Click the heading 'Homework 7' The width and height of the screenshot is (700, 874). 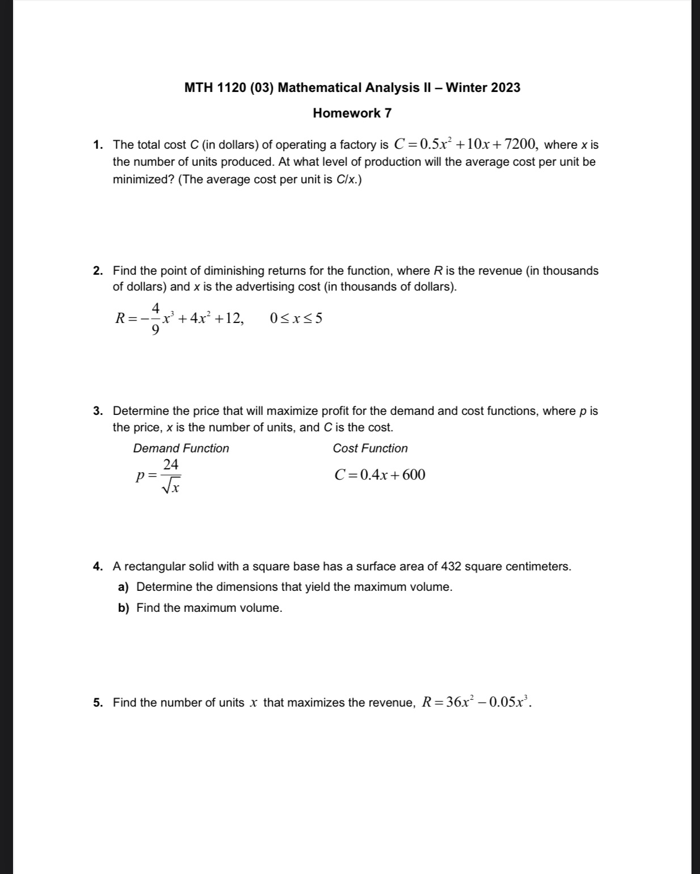coord(352,113)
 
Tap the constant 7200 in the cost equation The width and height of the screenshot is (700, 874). coord(516,144)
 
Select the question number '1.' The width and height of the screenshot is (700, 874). coord(98,145)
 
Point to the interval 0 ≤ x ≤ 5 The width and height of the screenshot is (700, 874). coord(296,318)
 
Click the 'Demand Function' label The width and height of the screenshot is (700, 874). coord(181,448)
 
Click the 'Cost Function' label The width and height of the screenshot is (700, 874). coord(370,448)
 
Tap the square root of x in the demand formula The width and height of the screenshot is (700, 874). coord(171,486)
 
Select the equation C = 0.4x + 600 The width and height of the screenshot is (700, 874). coord(379,475)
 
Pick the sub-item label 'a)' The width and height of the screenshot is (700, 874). coord(123,587)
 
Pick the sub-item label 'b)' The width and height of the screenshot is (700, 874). coord(123,608)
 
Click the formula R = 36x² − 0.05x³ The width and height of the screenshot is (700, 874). coord(475,702)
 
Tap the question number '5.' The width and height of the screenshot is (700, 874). coord(98,703)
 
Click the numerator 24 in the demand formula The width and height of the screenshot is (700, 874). coord(171,465)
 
